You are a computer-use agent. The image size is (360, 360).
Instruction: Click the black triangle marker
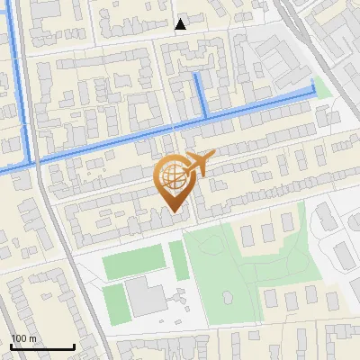point(181,24)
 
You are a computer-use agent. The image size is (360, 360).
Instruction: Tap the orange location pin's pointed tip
point(174,211)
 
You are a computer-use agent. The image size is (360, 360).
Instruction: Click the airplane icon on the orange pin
point(200,163)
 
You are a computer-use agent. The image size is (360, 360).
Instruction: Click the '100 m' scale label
point(24,337)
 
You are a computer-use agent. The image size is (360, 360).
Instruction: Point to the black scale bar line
point(42,346)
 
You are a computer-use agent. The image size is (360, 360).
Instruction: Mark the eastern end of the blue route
point(313,86)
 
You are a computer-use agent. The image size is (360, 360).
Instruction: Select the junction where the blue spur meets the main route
point(206,116)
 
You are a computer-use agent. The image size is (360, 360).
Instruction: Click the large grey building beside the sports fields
point(144,296)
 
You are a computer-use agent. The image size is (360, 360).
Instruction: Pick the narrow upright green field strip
point(178,259)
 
